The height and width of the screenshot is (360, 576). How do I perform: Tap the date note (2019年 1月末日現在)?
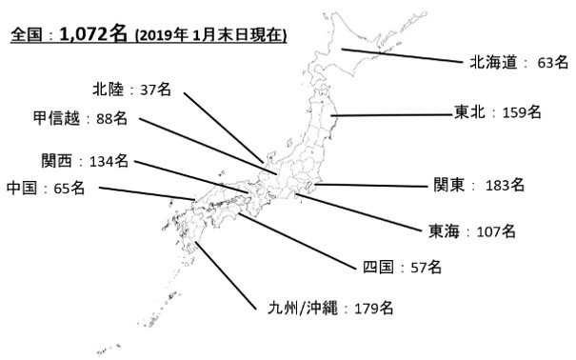[x=211, y=36]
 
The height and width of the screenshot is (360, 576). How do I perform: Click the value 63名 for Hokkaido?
[x=553, y=63]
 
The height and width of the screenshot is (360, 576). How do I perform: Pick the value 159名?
[x=521, y=112]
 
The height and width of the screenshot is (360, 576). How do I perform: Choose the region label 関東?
[x=449, y=185]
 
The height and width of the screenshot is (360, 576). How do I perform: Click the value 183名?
[x=505, y=185]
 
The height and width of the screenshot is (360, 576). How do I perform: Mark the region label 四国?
[x=378, y=267]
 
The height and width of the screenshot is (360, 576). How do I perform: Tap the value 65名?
[x=70, y=188]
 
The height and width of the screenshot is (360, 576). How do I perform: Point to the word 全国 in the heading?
[x=25, y=36]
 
